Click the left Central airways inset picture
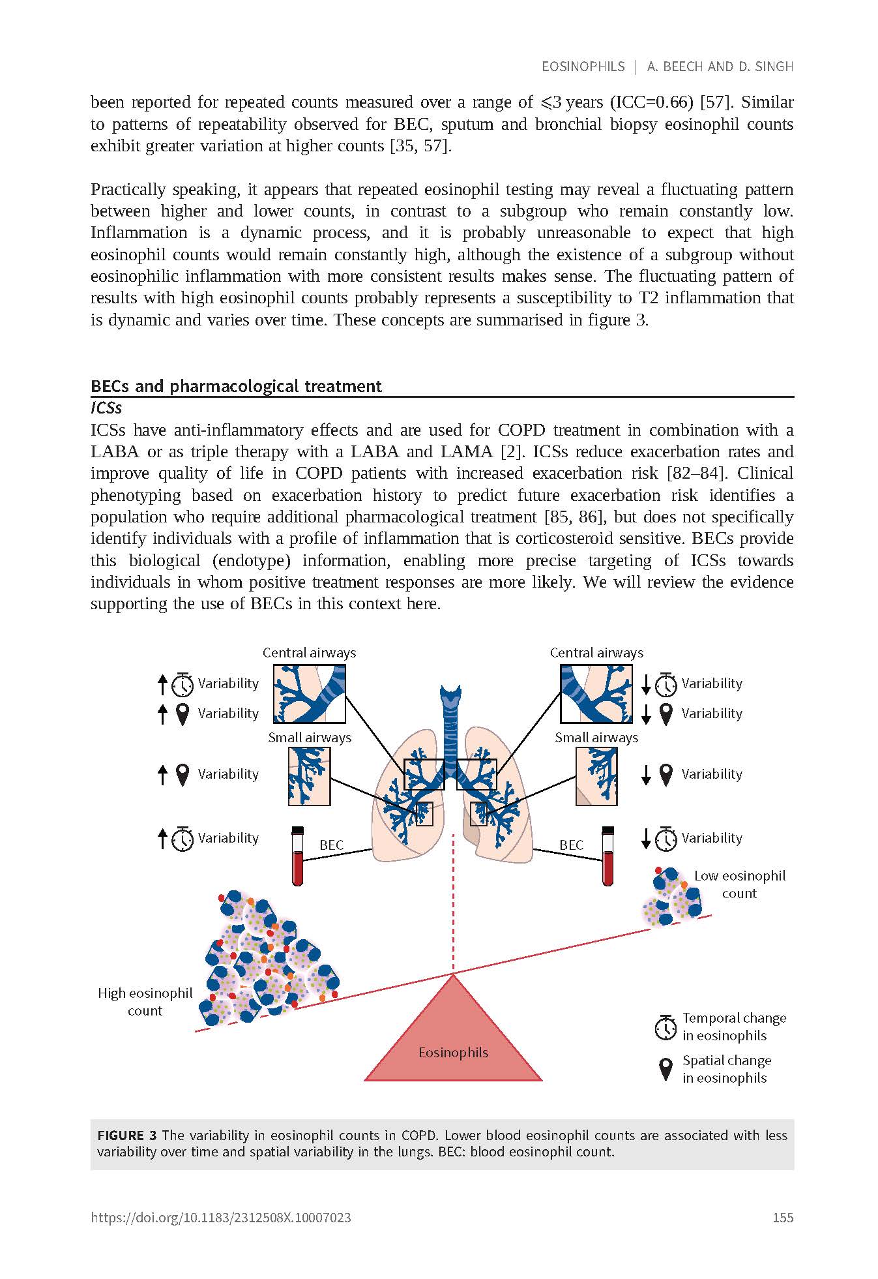coord(310,694)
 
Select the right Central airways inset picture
coord(596,694)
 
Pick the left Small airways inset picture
coord(310,776)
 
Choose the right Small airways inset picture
coord(596,776)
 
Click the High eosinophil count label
coord(145,1002)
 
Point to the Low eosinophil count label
coord(739,884)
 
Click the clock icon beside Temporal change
coord(666,1027)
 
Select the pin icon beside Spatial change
coord(666,1069)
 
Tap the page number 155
coord(782,1218)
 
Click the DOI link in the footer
coord(221,1218)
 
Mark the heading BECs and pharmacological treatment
coord(236,386)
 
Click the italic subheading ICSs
coord(106,408)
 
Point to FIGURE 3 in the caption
coord(127,1136)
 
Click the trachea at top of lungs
coord(450,711)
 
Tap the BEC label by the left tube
coord(331,845)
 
